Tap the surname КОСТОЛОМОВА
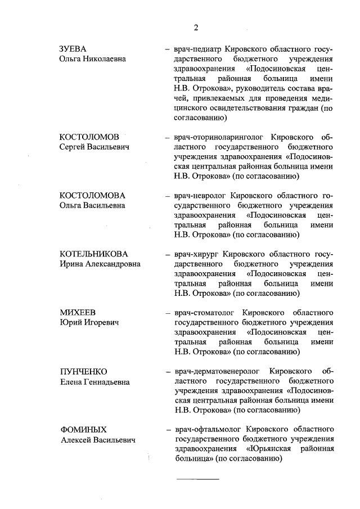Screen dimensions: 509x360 (x=92, y=195)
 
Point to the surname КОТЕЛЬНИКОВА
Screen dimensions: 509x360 (x=95, y=254)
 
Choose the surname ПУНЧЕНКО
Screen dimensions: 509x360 (x=83, y=372)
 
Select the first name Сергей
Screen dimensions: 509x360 (x=74, y=147)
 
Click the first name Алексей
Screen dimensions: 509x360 (x=77, y=440)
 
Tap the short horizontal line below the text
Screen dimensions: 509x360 (x=197, y=479)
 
